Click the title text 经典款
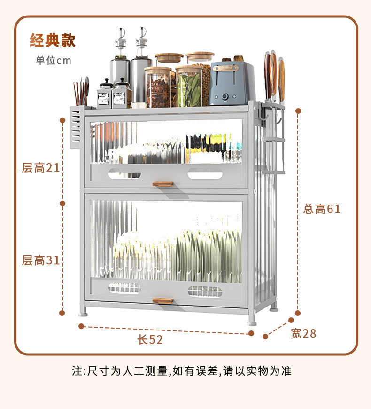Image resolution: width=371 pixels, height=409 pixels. click(53, 40)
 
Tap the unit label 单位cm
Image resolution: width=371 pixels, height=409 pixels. click(53, 61)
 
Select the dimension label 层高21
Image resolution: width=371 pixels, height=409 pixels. click(41, 167)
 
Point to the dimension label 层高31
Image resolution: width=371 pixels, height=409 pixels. click(41, 260)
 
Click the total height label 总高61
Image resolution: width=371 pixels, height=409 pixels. click(322, 209)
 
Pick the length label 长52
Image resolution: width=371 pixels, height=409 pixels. click(150, 339)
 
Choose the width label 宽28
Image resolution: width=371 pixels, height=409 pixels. click(303, 334)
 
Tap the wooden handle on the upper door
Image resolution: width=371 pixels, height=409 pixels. click(162, 184)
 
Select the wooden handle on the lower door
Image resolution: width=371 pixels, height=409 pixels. click(162, 300)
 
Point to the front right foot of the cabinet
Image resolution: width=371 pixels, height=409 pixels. click(252, 322)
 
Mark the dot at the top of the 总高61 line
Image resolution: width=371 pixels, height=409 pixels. click(297, 111)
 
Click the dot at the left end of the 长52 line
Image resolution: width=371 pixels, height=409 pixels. click(81, 326)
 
